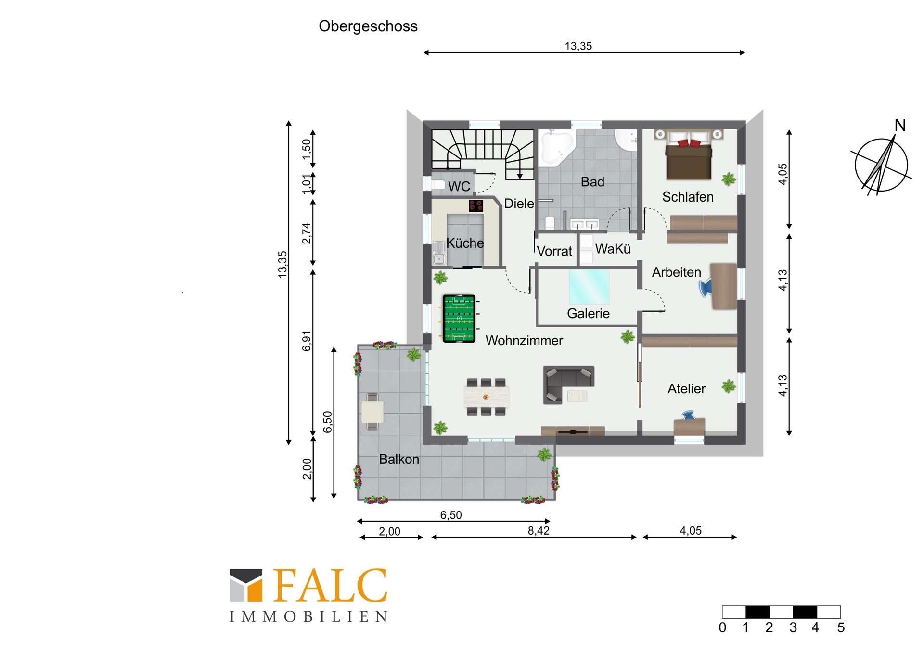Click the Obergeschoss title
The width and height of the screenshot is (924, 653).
(x=368, y=26)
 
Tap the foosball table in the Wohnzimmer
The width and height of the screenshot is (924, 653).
(x=459, y=319)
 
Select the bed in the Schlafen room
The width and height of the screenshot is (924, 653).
(x=689, y=155)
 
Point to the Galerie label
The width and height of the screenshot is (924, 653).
(x=588, y=314)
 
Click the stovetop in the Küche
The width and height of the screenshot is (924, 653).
(x=476, y=206)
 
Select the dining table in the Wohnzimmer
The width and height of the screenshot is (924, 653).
(x=486, y=397)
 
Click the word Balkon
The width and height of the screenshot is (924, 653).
(x=399, y=460)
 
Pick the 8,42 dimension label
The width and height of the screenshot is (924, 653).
(x=539, y=530)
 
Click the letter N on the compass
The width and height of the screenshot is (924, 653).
(x=900, y=126)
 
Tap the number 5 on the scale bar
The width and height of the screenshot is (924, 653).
(x=841, y=627)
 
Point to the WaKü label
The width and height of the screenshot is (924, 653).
(x=613, y=249)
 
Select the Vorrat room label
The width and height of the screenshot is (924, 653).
(x=554, y=251)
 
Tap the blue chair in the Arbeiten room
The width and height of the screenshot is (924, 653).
(x=706, y=288)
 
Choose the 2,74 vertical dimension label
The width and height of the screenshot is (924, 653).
(x=307, y=233)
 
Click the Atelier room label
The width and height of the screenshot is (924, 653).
(x=686, y=389)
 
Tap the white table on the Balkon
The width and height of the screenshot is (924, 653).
(x=372, y=412)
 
